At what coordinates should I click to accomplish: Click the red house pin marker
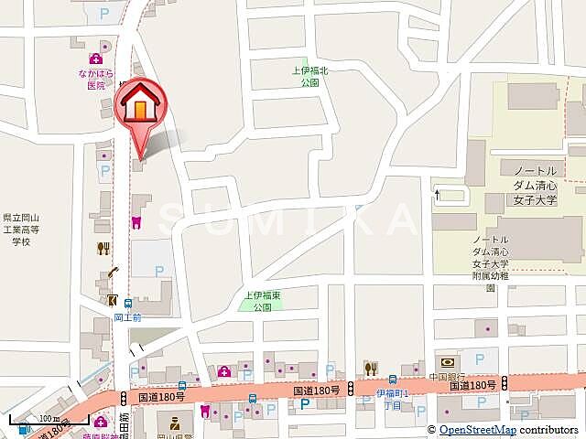point(139,105)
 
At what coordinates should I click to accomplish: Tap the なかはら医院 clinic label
point(96,80)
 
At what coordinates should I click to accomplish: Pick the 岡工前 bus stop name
point(128,317)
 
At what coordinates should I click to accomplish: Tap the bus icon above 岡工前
point(129,304)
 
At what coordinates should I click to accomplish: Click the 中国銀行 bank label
point(447,377)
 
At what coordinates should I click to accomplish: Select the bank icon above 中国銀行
point(448,362)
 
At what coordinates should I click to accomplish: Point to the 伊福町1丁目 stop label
point(393,397)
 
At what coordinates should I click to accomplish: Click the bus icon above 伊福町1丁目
point(393,380)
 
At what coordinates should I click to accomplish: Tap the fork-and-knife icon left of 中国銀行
point(371,368)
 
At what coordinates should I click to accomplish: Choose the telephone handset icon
point(113,272)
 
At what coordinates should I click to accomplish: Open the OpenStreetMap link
point(477,430)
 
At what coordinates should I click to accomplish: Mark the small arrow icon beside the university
point(439,194)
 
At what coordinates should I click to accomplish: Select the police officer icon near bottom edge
point(169,423)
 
